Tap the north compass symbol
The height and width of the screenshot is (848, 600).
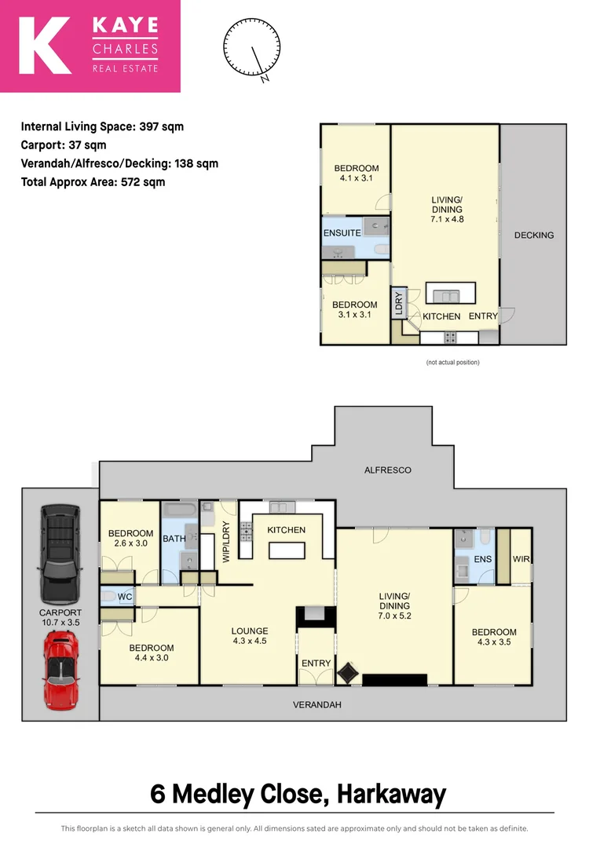tap(252, 49)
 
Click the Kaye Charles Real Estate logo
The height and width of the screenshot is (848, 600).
tap(90, 46)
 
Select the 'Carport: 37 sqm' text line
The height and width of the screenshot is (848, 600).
tap(64, 145)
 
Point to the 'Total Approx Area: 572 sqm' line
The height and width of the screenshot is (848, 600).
tap(93, 182)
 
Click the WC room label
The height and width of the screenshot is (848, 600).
tap(124, 596)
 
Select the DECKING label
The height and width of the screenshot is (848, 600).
tap(534, 235)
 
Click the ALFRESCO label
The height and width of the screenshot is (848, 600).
tap(387, 470)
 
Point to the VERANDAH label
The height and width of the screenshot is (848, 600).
tap(317, 705)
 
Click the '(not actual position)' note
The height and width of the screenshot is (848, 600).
tap(452, 362)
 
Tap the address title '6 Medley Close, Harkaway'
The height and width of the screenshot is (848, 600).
tap(298, 794)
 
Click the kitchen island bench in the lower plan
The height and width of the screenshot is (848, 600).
tap(287, 550)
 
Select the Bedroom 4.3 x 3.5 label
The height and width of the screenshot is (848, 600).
tap(494, 638)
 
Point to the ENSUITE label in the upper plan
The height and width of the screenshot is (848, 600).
tap(342, 233)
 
